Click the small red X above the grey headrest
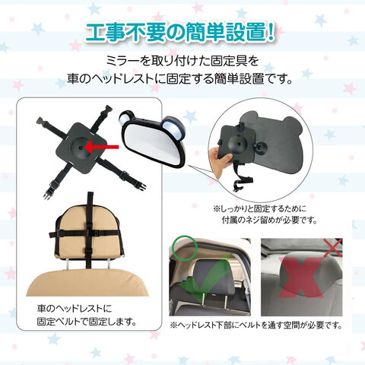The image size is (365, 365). [333, 247]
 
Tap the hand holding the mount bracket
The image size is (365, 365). [220, 160]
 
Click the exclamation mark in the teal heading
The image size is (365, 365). [270, 32]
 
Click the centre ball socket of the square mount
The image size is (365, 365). [81, 148]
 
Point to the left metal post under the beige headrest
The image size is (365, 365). [67, 264]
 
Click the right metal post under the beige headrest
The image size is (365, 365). [109, 264]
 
